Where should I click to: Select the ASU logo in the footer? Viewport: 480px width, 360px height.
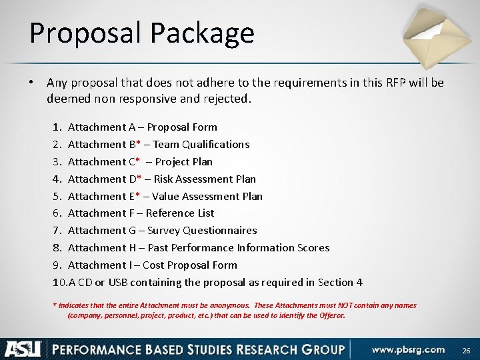tap(23, 349)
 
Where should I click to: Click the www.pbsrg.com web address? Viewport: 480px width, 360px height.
tap(408, 349)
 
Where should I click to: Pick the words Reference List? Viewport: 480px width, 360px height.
tap(180, 213)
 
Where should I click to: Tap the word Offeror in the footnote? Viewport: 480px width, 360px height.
tap(330, 315)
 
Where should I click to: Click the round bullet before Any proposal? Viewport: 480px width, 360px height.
tap(31, 83)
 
